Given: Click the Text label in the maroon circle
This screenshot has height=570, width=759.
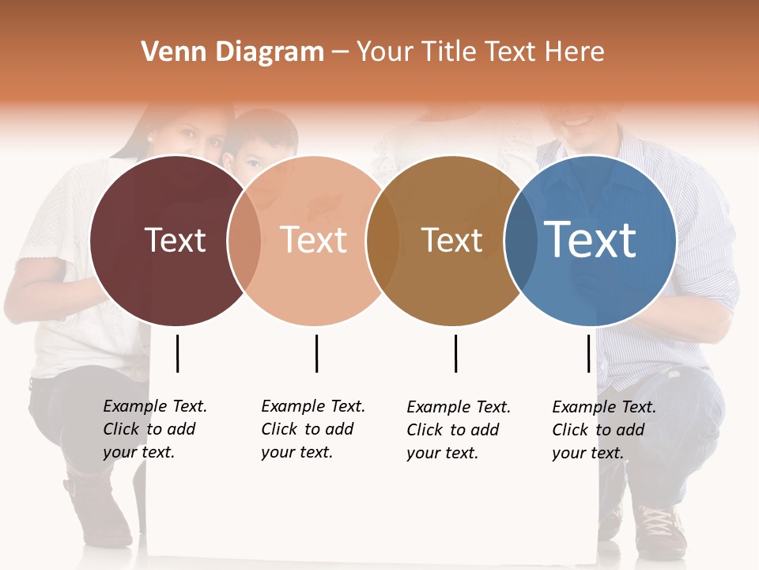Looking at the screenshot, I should point(175,240).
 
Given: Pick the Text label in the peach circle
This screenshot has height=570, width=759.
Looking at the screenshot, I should point(314,240).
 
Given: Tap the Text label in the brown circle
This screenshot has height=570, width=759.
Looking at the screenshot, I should point(451,240).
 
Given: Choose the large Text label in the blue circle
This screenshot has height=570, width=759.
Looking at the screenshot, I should point(591,240).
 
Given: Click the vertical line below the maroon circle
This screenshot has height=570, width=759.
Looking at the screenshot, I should point(178,353).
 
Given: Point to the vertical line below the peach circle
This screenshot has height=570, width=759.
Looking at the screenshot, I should point(316,353).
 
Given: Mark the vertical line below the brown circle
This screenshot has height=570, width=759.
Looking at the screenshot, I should point(455,353).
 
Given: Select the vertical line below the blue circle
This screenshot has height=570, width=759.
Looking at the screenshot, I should point(588,353).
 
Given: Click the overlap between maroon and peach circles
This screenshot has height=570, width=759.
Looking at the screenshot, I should point(244,241).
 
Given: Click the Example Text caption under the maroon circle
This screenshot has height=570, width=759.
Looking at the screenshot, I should point(154,429).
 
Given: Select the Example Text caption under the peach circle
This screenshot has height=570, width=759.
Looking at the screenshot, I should point(312,429).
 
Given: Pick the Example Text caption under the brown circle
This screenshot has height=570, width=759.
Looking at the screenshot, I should point(458,430).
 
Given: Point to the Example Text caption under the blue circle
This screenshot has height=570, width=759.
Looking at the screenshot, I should point(603,430).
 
